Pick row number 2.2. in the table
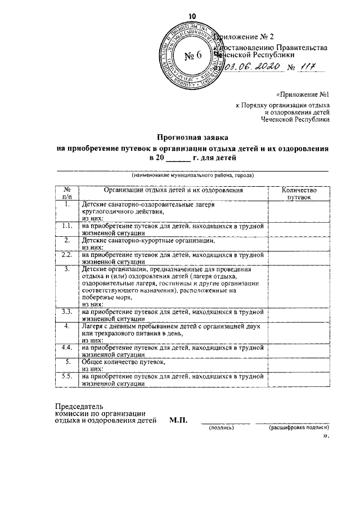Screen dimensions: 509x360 click(x=66, y=255)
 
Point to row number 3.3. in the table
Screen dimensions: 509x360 click(x=66, y=311)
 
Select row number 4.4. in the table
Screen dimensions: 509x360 click(x=66, y=348)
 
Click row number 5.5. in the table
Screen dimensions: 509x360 click(x=66, y=377)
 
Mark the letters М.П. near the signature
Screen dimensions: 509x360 click(x=178, y=420)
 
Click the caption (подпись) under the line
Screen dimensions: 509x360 click(x=220, y=428)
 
